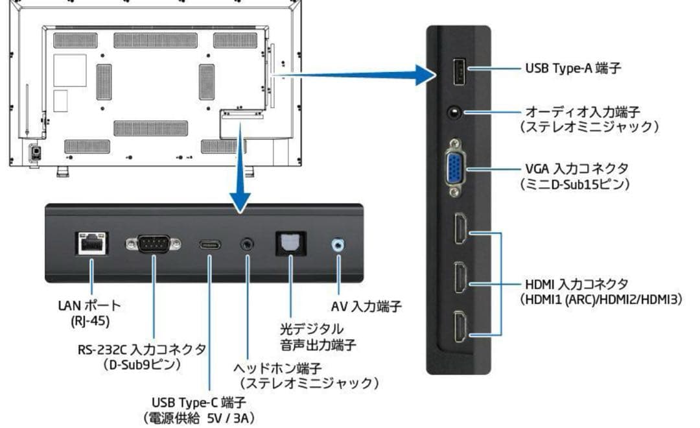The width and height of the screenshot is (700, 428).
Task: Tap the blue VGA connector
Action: [x=454, y=169]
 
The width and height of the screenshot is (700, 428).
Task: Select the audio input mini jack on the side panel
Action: [x=456, y=112]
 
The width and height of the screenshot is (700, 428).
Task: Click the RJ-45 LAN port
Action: [x=92, y=243]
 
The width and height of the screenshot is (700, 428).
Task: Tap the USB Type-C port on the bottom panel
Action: [x=210, y=245]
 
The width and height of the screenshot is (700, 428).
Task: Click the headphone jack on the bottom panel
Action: [x=247, y=244]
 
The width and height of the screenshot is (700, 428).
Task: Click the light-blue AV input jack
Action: [x=337, y=244]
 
